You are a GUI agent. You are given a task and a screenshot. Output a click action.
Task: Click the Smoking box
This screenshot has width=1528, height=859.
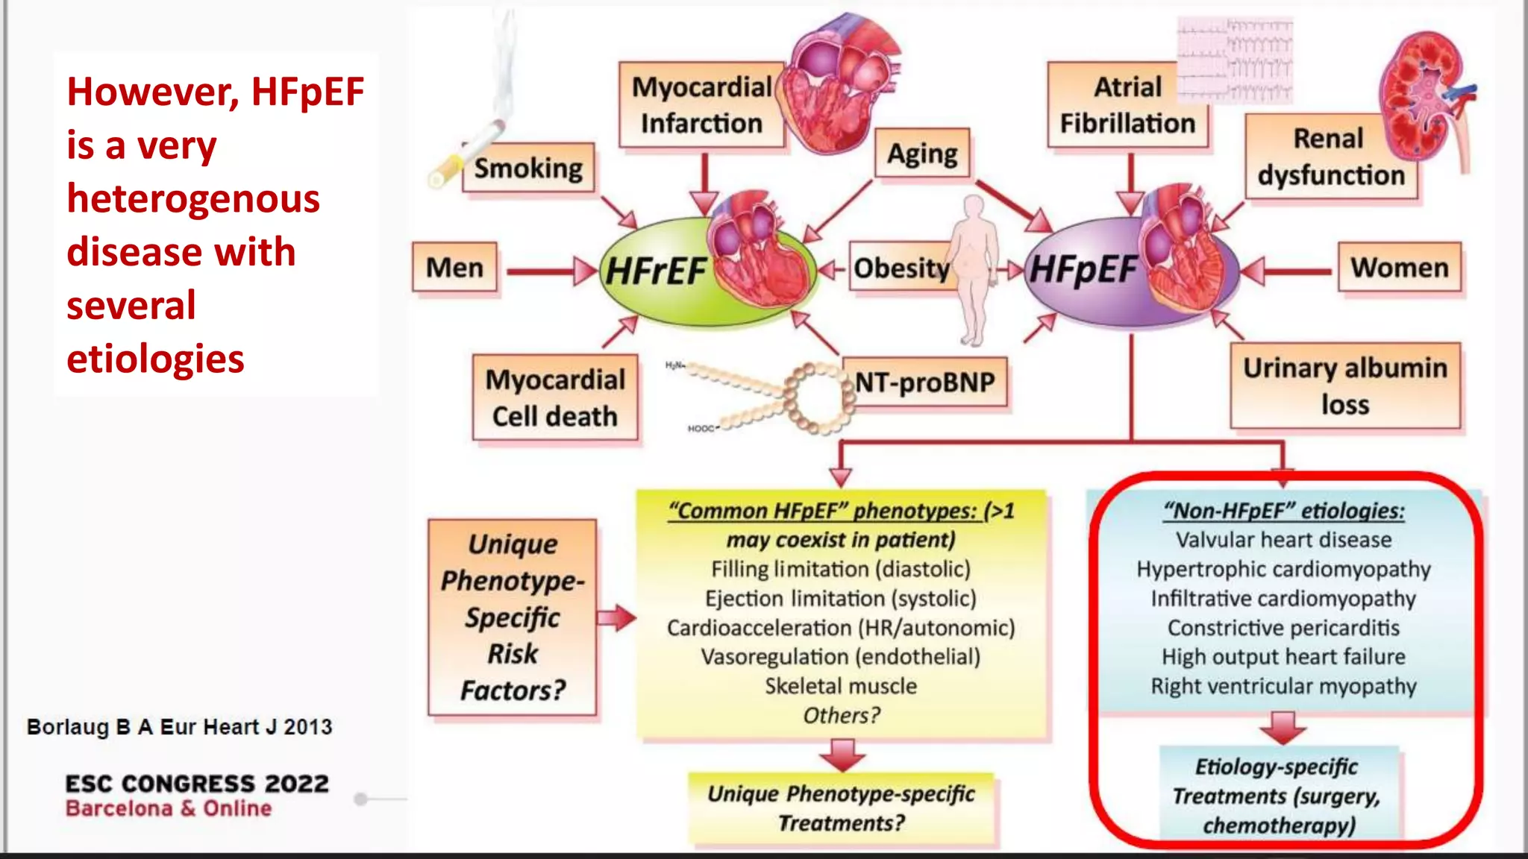[x=528, y=169]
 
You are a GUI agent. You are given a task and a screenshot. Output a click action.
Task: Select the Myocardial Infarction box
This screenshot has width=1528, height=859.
[x=701, y=105]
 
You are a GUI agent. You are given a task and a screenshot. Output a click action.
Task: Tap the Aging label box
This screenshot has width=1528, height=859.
[x=922, y=154]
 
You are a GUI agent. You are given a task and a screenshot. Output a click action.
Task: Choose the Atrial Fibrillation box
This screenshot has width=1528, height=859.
[x=1127, y=105]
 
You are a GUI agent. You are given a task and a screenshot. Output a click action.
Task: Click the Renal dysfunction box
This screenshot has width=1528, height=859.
[x=1330, y=157]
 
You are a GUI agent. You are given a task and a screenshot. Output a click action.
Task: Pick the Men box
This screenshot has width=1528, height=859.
[x=454, y=268]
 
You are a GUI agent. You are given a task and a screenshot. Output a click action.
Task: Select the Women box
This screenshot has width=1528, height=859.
[x=1399, y=268]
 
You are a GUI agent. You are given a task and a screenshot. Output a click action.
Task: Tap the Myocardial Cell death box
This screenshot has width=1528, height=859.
[x=555, y=397]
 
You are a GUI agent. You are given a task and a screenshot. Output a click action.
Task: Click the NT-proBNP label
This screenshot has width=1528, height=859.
[x=924, y=383]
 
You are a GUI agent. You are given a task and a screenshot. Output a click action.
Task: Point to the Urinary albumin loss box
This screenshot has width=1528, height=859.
[x=1344, y=386]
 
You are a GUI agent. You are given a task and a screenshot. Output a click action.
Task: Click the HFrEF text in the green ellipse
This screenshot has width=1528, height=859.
[x=655, y=271]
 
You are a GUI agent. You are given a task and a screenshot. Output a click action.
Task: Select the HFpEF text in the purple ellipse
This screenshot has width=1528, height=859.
[x=1083, y=270]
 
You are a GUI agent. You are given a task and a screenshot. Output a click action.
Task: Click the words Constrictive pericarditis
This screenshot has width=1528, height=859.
[x=1283, y=628]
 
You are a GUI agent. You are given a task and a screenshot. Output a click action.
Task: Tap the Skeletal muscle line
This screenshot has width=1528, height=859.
[x=841, y=686]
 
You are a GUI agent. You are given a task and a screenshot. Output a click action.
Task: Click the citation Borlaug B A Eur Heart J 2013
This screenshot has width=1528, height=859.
[x=179, y=727]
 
